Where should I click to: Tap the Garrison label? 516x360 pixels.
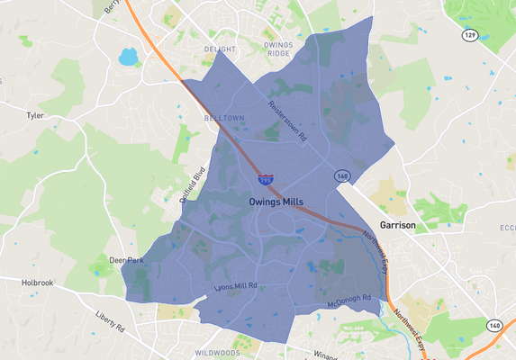pyautogui.click(x=396, y=225)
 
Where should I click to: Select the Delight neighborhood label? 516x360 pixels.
pyautogui.click(x=220, y=49)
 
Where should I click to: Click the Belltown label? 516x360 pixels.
pyautogui.click(x=223, y=118)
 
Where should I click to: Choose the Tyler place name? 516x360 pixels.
pyautogui.click(x=35, y=116)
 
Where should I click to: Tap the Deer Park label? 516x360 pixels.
pyautogui.click(x=126, y=260)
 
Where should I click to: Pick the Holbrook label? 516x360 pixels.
pyautogui.click(x=39, y=283)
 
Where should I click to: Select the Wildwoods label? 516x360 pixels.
pyautogui.click(x=215, y=353)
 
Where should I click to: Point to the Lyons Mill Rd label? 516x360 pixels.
pyautogui.click(x=236, y=287)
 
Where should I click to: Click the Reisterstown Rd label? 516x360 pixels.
pyautogui.click(x=287, y=121)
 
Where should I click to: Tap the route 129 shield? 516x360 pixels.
pyautogui.click(x=469, y=35)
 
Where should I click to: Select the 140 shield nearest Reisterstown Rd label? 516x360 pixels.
pyautogui.click(x=341, y=176)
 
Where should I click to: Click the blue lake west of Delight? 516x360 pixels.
pyautogui.click(x=128, y=58)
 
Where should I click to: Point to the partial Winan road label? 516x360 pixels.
pyautogui.click(x=324, y=355)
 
